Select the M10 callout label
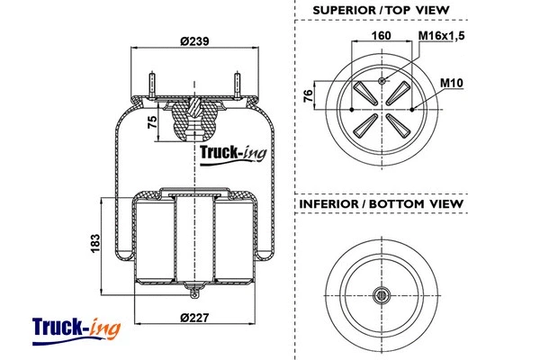[x=452, y=83]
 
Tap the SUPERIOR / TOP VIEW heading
[x=381, y=11]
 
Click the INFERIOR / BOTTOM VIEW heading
[x=381, y=204]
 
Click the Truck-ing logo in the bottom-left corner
[x=76, y=329]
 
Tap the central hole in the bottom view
[x=382, y=294]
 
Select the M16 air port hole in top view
[x=382, y=81]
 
